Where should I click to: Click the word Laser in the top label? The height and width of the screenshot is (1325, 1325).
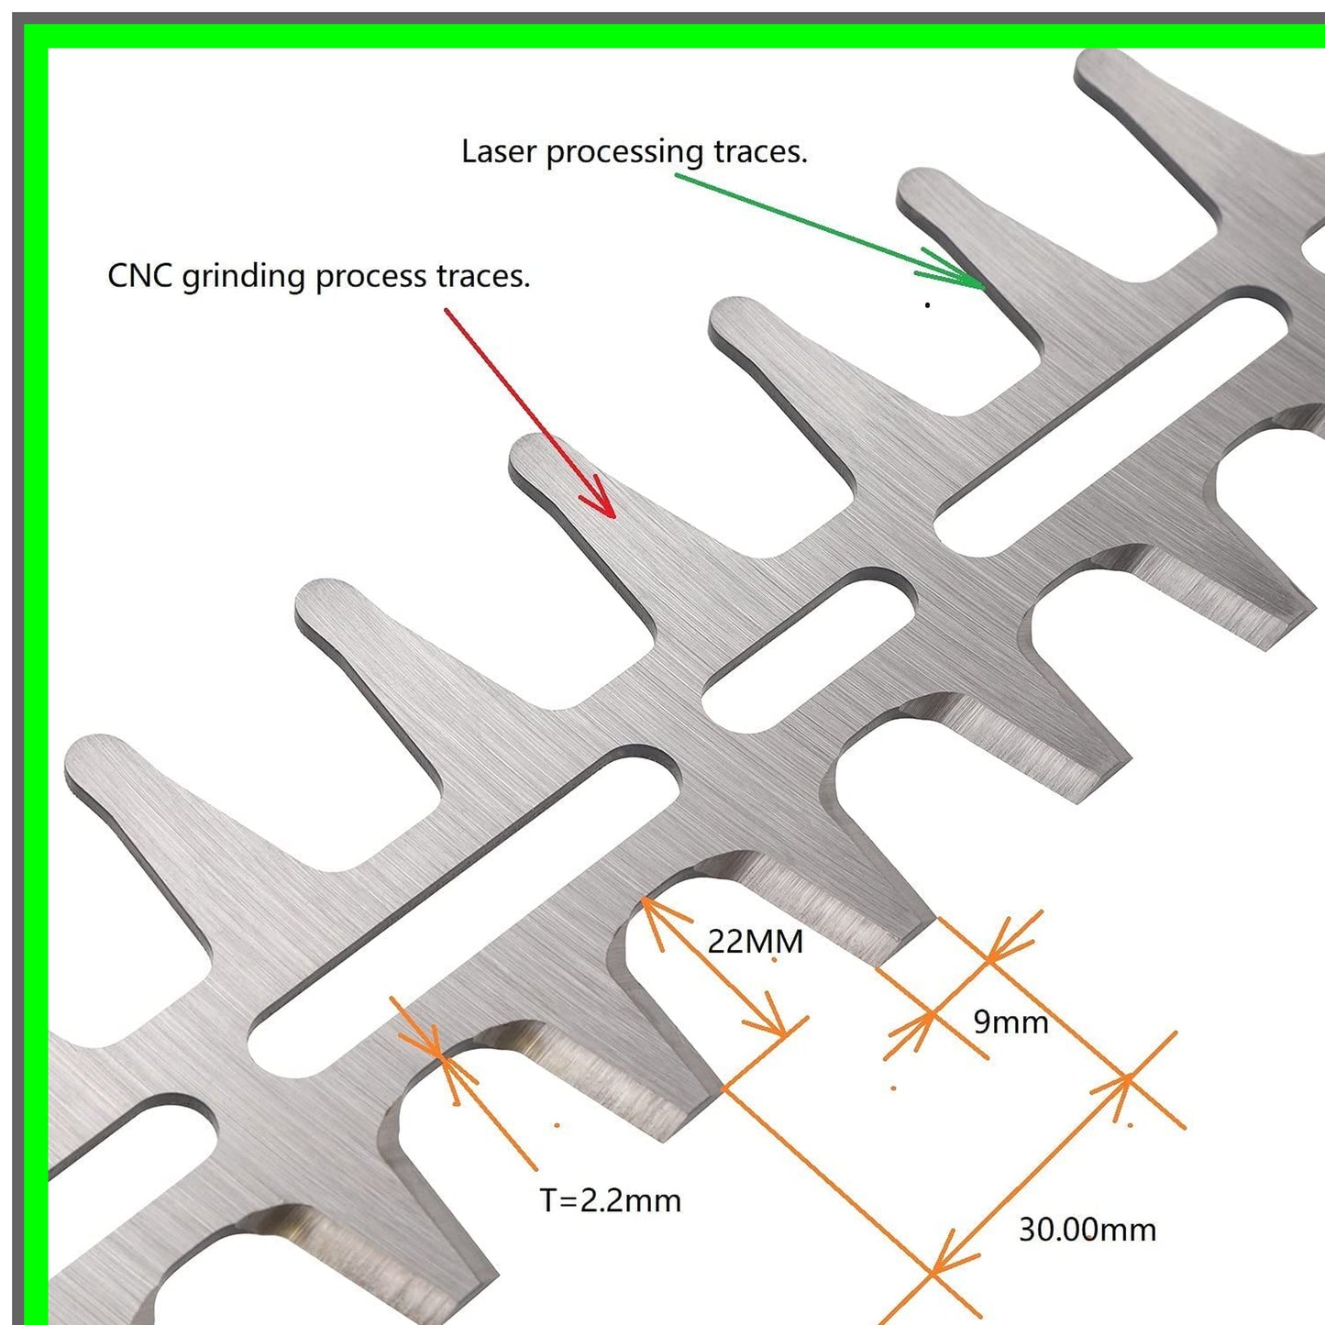499,151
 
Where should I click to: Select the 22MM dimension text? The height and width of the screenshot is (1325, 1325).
755,942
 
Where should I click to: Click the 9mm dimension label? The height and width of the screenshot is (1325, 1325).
1010,1021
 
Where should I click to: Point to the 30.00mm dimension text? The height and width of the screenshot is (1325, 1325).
1088,1230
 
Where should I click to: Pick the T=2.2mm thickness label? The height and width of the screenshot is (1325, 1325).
611,1200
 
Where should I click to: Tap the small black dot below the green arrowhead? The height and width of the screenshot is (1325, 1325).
928,304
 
